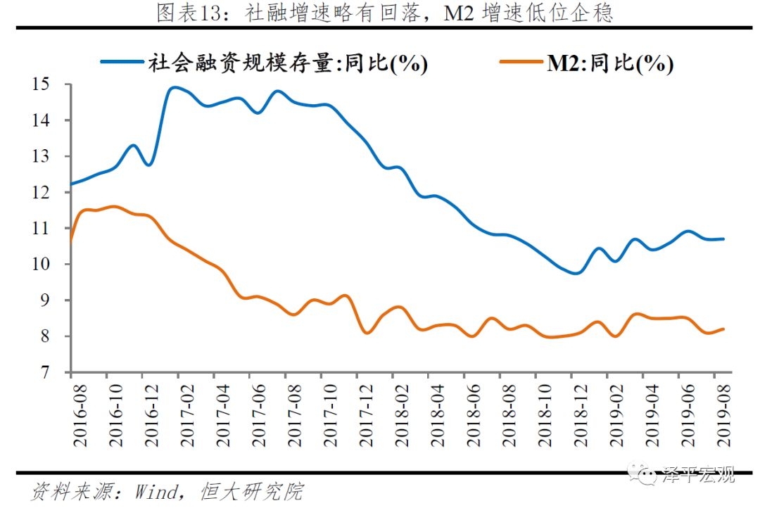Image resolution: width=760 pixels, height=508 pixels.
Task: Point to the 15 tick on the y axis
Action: (49, 84)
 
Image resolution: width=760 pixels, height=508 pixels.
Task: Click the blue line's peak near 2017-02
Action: (173, 88)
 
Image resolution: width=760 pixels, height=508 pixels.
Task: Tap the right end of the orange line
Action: (723, 329)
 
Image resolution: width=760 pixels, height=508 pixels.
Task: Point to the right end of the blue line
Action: (723, 239)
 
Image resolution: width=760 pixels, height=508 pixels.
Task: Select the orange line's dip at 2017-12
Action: (367, 333)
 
